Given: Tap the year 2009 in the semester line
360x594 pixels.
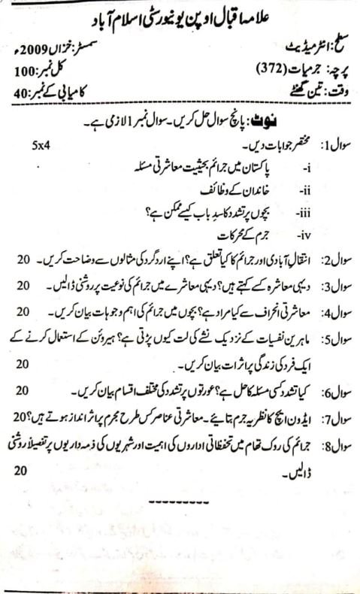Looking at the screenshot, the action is click(61, 53).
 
